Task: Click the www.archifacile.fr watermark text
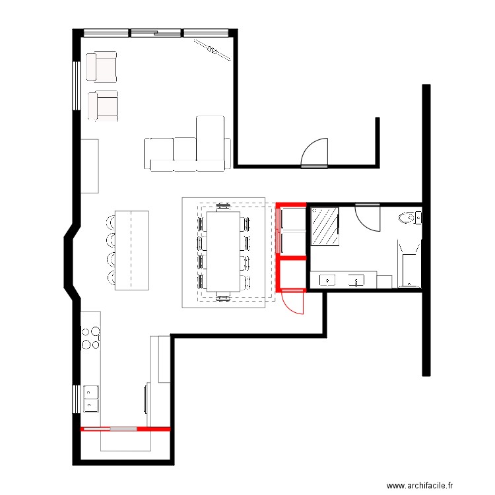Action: (420, 485)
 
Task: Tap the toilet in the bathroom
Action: (410, 218)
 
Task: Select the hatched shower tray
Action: (325, 226)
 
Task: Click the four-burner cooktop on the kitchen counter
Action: (90, 338)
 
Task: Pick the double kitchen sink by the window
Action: (91, 399)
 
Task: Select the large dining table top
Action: (223, 251)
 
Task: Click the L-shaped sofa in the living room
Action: (187, 144)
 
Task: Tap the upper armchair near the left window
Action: (102, 67)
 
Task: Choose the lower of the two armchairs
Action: (103, 106)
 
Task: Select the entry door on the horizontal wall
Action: (314, 153)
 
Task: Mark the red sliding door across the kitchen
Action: (125, 429)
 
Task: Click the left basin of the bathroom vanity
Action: (327, 280)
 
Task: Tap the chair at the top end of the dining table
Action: (223, 207)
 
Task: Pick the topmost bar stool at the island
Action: (111, 222)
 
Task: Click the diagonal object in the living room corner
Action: (211, 50)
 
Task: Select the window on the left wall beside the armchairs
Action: (77, 86)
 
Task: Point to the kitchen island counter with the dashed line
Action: (131, 250)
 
